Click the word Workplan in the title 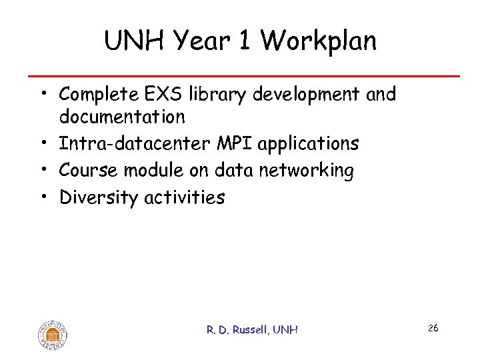(x=319, y=41)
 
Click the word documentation (x=122, y=117)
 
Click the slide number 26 (x=433, y=328)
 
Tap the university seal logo (x=53, y=333)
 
